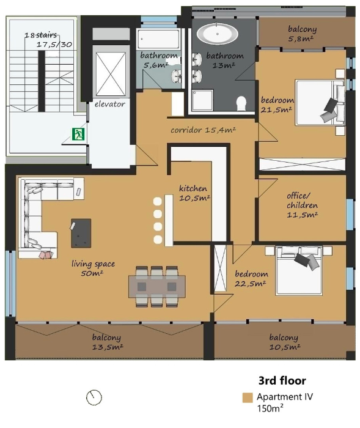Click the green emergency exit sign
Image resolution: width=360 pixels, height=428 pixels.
78,134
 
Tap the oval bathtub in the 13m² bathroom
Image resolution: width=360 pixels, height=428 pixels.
217,34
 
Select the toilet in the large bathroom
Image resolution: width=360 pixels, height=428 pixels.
241,103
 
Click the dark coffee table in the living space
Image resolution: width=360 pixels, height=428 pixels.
81,233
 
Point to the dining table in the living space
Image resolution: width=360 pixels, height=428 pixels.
157,286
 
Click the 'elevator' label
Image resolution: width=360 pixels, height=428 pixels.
110,104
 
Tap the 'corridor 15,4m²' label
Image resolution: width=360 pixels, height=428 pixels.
203,130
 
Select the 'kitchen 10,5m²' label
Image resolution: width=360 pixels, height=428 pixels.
194,193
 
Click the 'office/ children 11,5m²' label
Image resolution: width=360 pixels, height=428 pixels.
302,205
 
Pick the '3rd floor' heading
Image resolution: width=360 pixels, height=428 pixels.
282,380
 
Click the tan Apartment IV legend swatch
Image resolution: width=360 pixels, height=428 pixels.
248,397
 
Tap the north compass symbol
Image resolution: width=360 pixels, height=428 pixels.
94,397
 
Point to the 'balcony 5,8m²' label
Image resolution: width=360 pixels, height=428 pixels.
302,34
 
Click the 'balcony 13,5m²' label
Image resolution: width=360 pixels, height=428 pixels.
107,342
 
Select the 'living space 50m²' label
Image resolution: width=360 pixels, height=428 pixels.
93,268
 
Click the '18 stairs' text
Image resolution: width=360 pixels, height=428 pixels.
41,35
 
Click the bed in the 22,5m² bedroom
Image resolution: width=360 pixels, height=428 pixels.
299,271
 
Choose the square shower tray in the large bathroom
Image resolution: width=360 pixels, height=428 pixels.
202,100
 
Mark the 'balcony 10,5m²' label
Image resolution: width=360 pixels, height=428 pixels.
284,342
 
